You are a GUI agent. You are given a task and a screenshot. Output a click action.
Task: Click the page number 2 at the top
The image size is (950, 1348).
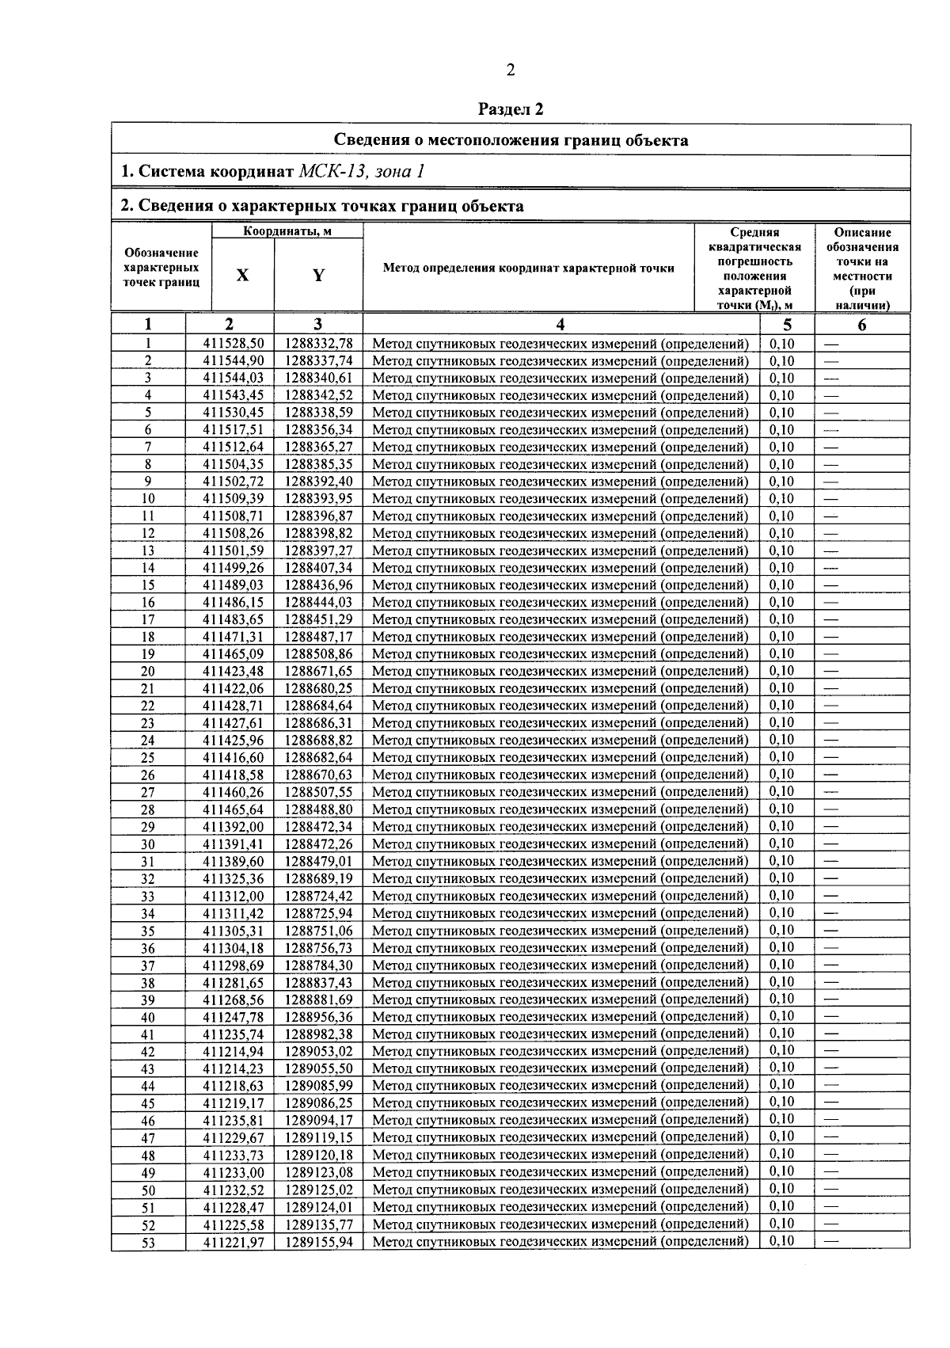(x=511, y=71)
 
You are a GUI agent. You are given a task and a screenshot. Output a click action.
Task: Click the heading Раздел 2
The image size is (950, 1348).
(x=511, y=109)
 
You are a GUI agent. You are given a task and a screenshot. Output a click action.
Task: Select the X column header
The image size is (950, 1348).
(x=242, y=275)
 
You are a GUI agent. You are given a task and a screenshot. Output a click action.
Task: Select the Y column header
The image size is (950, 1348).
(x=318, y=275)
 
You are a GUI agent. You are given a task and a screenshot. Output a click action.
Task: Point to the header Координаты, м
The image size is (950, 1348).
(x=287, y=231)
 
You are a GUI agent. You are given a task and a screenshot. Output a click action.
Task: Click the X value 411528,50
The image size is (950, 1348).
(x=233, y=344)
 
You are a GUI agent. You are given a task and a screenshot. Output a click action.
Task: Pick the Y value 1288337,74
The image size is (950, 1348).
(x=318, y=361)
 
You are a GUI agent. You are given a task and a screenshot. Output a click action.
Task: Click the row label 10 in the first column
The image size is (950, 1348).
(x=148, y=499)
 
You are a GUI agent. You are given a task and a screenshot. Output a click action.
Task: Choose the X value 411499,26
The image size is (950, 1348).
(x=233, y=568)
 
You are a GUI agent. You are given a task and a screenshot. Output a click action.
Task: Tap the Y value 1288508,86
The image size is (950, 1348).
(x=318, y=654)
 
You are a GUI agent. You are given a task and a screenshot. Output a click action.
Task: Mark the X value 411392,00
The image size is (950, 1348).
(x=233, y=827)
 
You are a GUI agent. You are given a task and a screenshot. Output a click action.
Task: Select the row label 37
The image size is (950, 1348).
(x=148, y=965)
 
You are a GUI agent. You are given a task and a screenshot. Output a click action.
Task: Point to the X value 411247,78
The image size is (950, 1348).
(x=233, y=1017)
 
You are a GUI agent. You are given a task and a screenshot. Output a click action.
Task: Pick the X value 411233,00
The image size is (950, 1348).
(x=233, y=1172)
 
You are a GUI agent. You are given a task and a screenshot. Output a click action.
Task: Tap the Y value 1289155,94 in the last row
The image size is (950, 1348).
(x=318, y=1242)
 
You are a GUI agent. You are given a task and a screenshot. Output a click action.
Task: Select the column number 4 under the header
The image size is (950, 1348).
(x=560, y=324)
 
